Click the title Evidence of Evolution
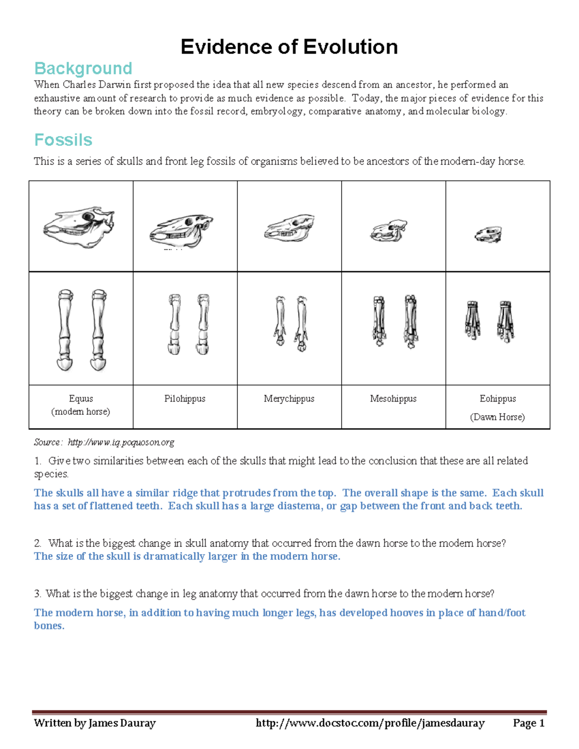(289, 47)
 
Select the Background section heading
(83, 68)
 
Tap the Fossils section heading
(63, 140)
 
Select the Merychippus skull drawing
(289, 228)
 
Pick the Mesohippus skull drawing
(389, 231)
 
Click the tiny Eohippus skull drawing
(488, 235)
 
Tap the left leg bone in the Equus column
(65, 330)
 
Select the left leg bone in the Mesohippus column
(379, 321)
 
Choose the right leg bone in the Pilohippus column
(203, 324)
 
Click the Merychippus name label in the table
(289, 399)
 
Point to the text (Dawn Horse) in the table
(497, 417)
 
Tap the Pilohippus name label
(185, 399)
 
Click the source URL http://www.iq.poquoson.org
(121, 442)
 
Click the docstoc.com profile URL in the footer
(370, 723)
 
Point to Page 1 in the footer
(529, 723)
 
